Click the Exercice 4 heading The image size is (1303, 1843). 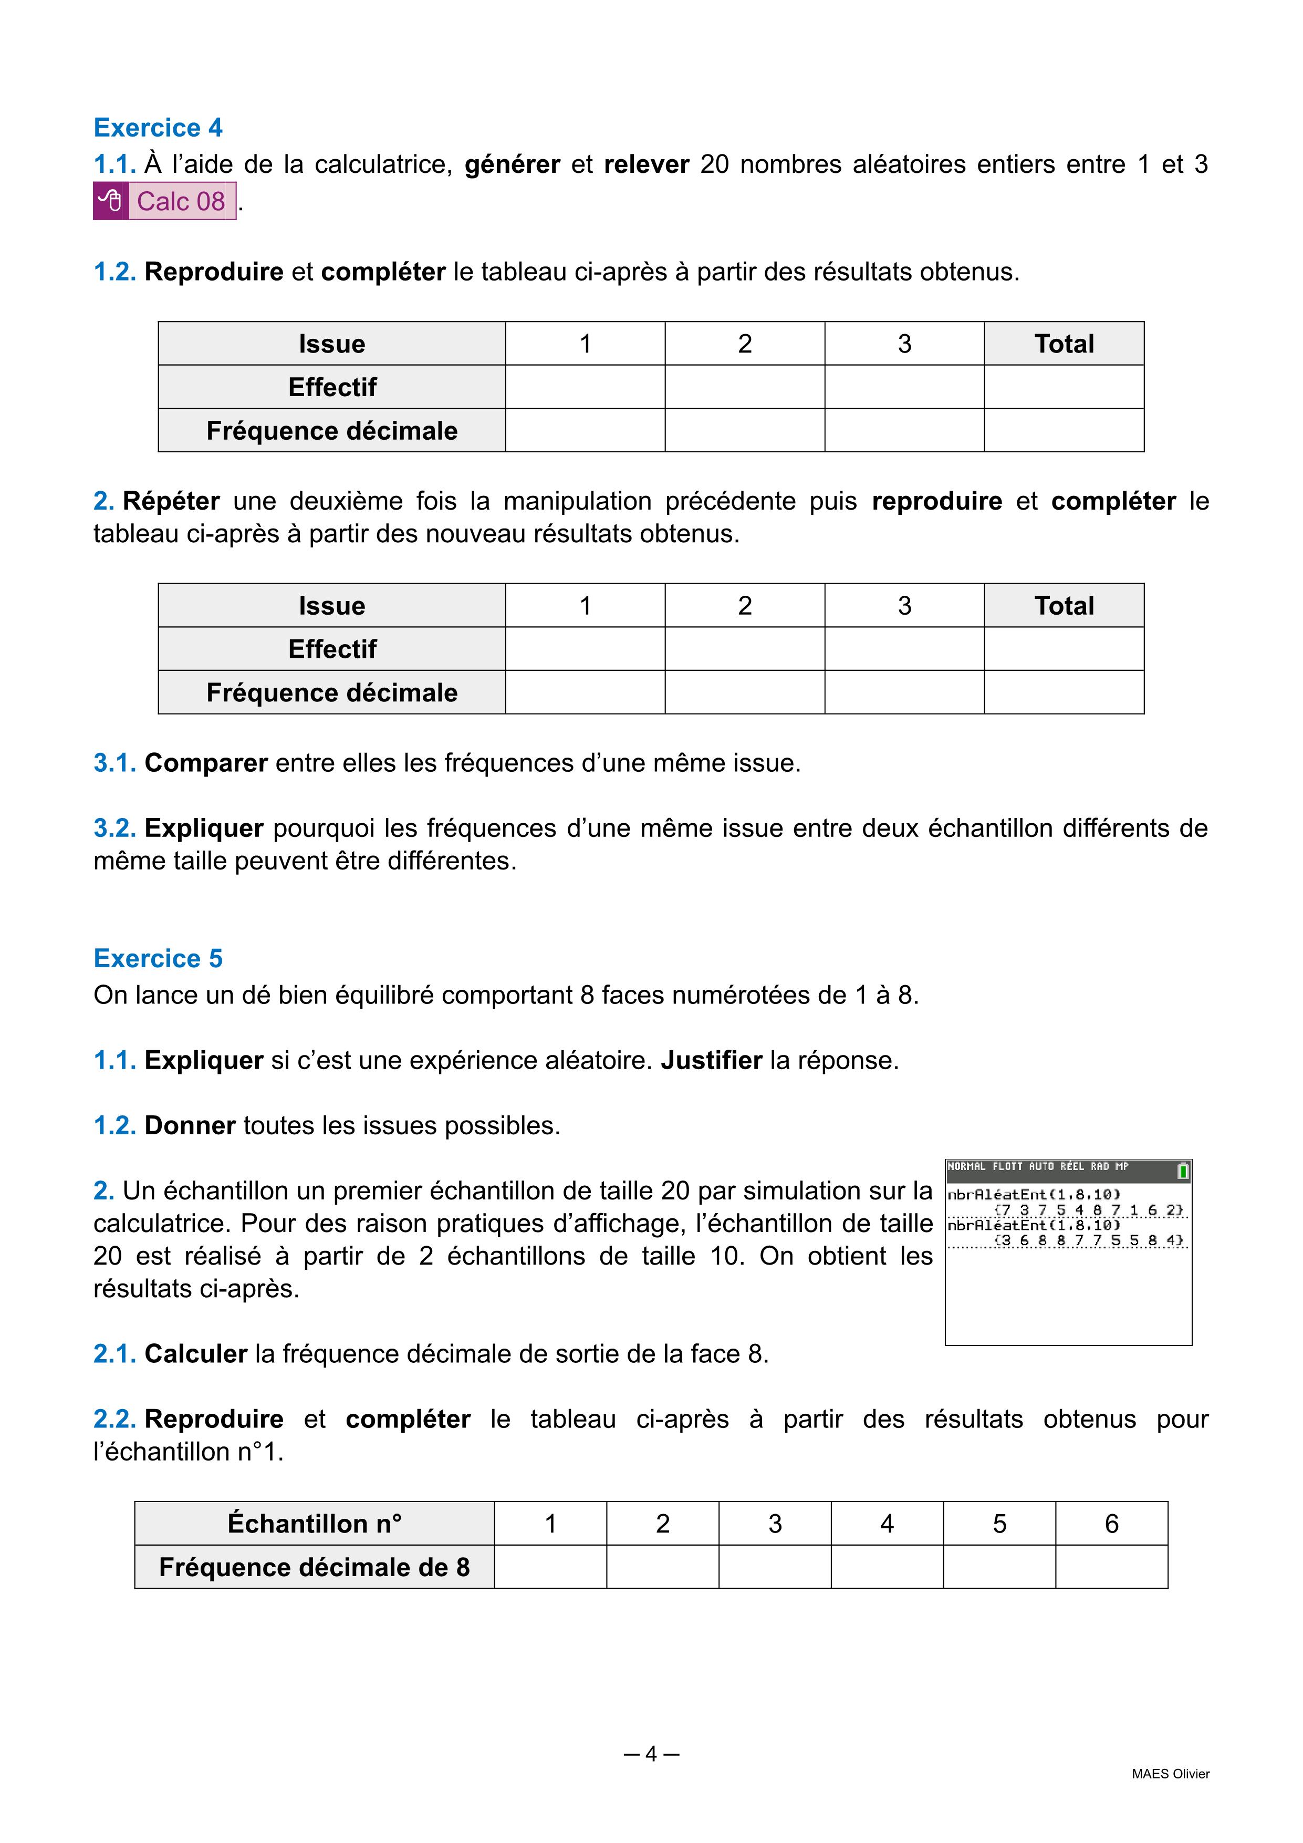pyautogui.click(x=158, y=128)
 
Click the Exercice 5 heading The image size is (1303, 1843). pyautogui.click(x=158, y=958)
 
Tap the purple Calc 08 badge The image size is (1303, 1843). pyautogui.click(x=181, y=201)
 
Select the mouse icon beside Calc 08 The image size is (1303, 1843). pyautogui.click(x=110, y=201)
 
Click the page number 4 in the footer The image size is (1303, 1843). pyautogui.click(x=651, y=1754)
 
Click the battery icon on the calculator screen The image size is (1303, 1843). pyautogui.click(x=1182, y=1171)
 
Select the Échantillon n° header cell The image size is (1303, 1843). pyautogui.click(x=315, y=1524)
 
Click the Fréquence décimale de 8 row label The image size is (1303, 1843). pyautogui.click(x=315, y=1567)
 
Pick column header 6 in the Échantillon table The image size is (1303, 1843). pyautogui.click(x=1111, y=1524)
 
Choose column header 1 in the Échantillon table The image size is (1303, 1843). pyautogui.click(x=550, y=1524)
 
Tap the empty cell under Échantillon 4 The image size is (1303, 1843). pyautogui.click(x=887, y=1567)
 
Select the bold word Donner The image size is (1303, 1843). pyautogui.click(x=190, y=1125)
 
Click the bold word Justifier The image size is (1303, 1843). pyautogui.click(x=712, y=1060)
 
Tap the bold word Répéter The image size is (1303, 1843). pyautogui.click(x=171, y=501)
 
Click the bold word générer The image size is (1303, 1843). pyautogui.click(x=513, y=164)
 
